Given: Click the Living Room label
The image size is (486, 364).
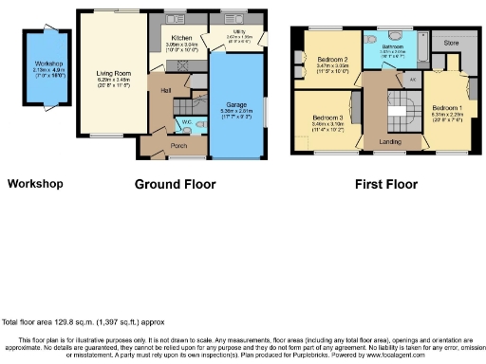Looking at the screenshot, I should pos(112,71).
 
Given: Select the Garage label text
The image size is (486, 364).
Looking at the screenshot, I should pos(235,104).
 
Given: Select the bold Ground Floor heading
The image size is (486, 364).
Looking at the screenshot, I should pos(175,184).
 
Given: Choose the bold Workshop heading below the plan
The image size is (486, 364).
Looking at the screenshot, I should pos(35,184).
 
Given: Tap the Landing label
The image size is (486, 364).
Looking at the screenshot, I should pos(387,141).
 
